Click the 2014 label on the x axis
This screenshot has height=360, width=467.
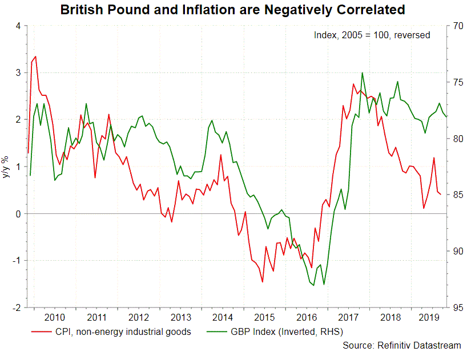[223, 317]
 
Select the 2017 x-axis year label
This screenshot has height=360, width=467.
[348, 317]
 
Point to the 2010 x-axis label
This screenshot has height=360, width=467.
[54, 317]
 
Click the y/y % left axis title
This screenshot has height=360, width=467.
[7, 167]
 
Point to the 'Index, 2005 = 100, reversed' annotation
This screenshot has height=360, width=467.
[372, 35]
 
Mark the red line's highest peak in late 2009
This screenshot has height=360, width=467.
[35, 56]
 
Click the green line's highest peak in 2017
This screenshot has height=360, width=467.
[362, 73]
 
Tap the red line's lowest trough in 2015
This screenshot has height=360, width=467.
[263, 282]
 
